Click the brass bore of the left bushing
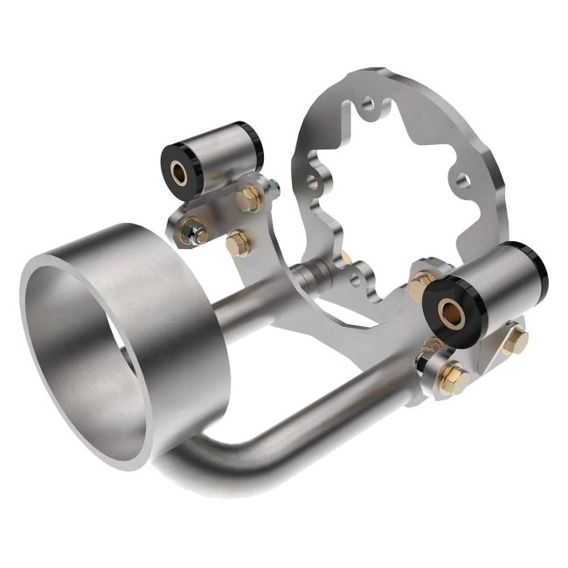(x=179, y=170)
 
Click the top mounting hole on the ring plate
(x=371, y=105)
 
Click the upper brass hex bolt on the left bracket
(x=248, y=199)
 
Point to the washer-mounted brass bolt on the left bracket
(x=191, y=232)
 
